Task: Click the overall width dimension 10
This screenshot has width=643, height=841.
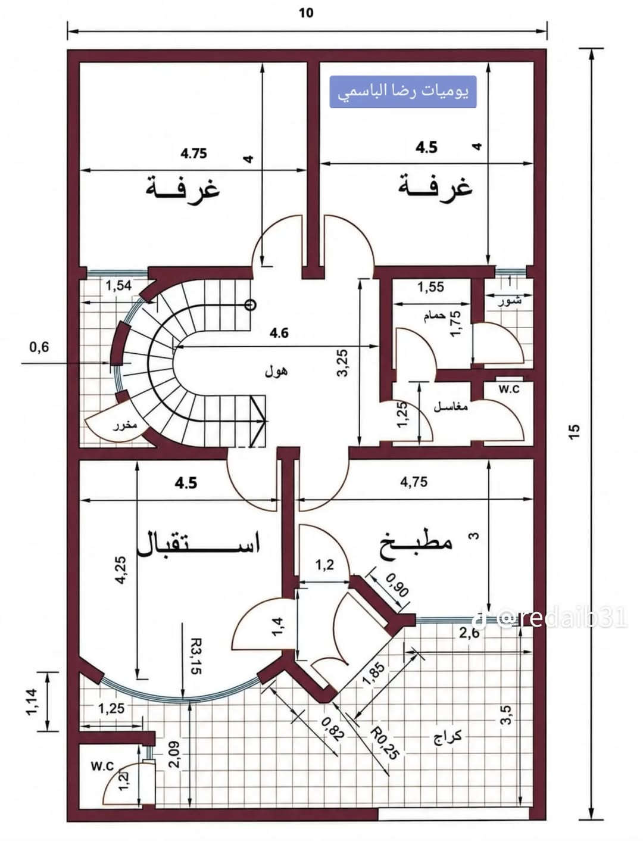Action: (306, 13)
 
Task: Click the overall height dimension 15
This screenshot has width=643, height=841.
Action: (575, 432)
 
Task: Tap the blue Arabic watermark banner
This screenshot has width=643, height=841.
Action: (403, 92)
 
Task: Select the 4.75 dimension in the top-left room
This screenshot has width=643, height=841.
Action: (193, 154)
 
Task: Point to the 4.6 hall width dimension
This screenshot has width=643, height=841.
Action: (279, 333)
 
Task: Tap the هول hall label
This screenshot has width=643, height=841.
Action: (276, 371)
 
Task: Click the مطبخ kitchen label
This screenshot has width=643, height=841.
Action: (416, 546)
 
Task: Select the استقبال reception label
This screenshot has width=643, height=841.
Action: (199, 544)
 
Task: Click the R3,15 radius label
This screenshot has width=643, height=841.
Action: (196, 656)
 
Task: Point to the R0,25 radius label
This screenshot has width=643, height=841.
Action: (385, 744)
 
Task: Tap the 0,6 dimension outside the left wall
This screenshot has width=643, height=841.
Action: (39, 347)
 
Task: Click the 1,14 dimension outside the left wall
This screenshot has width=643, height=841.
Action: (32, 702)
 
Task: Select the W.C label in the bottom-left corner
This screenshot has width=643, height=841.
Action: (102, 766)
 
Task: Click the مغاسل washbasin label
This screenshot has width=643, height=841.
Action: (451, 407)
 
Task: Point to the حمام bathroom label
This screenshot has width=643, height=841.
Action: (435, 316)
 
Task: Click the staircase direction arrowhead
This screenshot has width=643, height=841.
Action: (258, 422)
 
